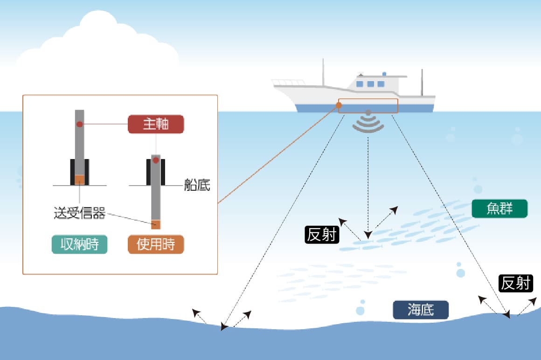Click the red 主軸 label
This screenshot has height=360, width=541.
point(156,125)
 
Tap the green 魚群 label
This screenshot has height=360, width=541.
point(499,208)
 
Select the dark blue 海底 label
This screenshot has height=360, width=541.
point(421,310)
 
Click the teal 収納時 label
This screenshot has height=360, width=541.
point(79,244)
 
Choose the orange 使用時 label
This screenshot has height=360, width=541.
point(156,244)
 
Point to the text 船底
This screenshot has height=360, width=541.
point(197,186)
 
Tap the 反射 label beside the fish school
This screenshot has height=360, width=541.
point(321,235)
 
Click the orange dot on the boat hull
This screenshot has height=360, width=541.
point(339,105)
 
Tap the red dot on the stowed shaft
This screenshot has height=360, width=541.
point(79,124)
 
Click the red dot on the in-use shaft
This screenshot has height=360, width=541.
point(156,160)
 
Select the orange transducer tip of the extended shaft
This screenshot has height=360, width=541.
point(156,224)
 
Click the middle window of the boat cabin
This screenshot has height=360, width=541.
point(371,84)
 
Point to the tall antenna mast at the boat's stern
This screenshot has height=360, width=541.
point(422,82)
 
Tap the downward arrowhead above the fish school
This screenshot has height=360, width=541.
point(368,235)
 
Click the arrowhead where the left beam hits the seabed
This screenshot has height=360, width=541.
point(224,327)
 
